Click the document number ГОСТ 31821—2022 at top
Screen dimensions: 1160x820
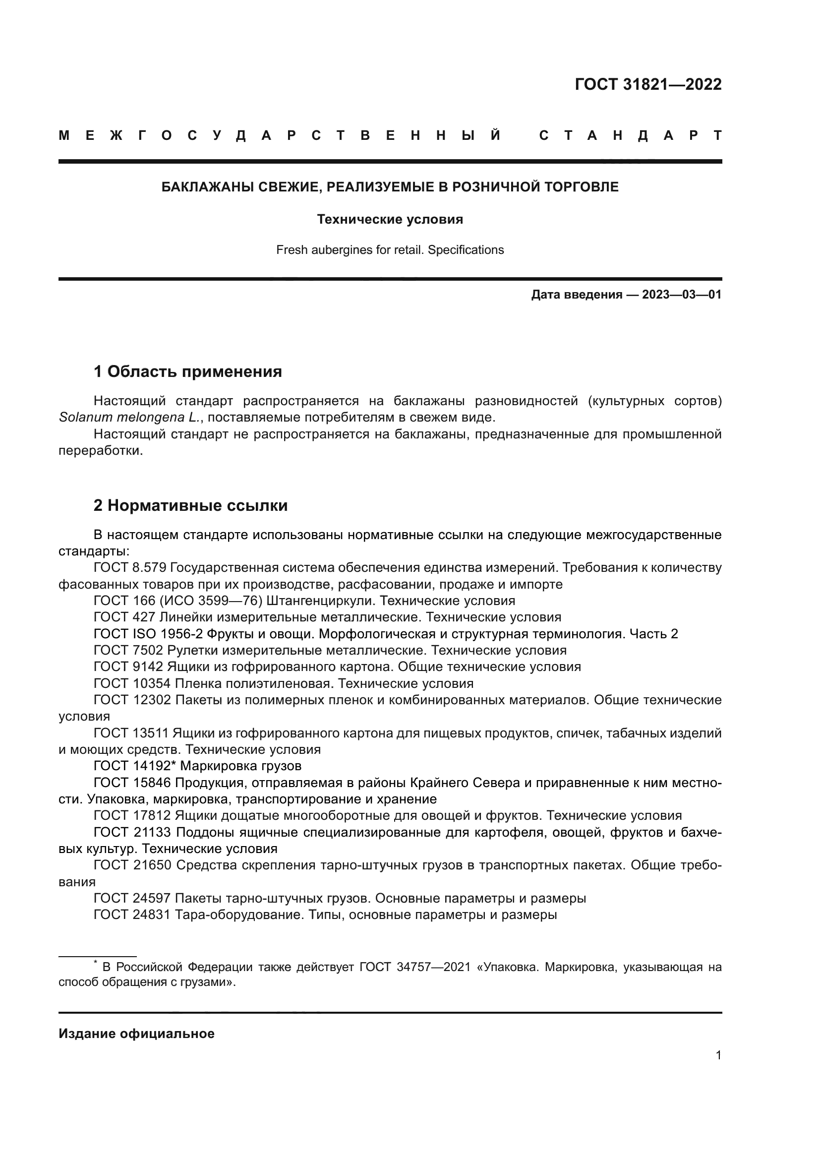click(648, 84)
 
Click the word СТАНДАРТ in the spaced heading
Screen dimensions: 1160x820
click(631, 135)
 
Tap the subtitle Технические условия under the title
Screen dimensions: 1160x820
click(390, 219)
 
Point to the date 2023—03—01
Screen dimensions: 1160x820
click(682, 295)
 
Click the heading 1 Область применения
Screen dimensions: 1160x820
click(187, 372)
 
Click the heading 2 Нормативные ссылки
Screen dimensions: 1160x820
click(190, 505)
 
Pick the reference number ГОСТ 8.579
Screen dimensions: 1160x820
click(130, 568)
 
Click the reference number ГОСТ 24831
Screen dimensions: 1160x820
click(132, 915)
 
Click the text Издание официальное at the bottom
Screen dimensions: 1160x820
click(136, 1034)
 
